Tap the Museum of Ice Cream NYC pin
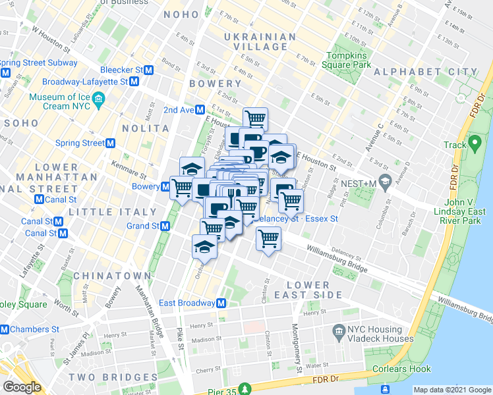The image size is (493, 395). click(100, 101)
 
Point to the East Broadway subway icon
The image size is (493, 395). click(222, 303)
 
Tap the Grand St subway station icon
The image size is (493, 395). click(165, 226)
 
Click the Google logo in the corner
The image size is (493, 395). click(22, 387)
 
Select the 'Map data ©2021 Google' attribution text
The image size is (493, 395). click(452, 390)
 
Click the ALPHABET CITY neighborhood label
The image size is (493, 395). click(426, 72)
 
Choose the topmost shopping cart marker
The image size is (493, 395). click(255, 118)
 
